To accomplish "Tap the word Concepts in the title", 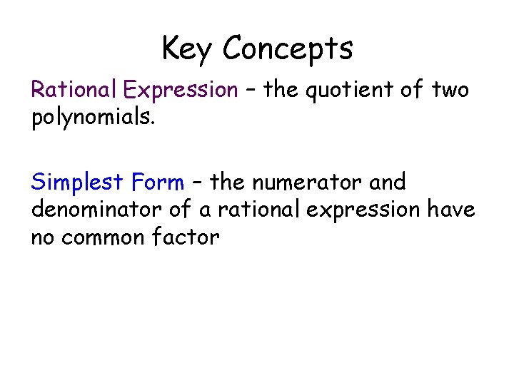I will pos(288,49).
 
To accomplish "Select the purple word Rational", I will pos(74,90).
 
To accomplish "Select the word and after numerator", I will pos(388,183).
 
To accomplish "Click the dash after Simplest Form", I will pos(198,183).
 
